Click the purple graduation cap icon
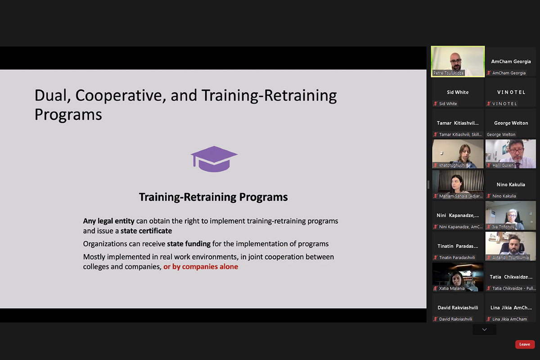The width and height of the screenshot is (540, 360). tap(214, 159)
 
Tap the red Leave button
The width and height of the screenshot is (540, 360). tap(525, 344)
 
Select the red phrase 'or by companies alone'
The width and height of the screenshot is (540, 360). tap(201, 267)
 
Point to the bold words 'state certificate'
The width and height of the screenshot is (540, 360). tap(146, 231)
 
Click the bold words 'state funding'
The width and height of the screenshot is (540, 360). tap(189, 244)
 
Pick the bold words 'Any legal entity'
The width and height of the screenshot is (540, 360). tap(109, 221)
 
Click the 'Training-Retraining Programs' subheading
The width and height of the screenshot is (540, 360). tap(213, 197)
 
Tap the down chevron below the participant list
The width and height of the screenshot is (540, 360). tap(484, 329)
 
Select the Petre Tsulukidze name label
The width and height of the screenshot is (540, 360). tap(448, 73)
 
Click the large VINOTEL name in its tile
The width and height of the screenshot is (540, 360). tap(511, 92)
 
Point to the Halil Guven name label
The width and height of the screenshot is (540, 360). tap(503, 165)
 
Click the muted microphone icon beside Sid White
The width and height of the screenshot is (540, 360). tap(436, 103)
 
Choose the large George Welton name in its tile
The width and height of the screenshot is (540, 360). tap(511, 123)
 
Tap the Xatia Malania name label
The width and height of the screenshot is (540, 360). tap(451, 288)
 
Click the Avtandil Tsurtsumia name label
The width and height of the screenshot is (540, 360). tap(510, 257)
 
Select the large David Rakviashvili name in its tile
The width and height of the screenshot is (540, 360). tap(458, 308)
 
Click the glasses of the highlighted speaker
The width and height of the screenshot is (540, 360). tap(455, 61)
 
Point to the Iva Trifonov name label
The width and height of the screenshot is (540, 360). tap(504, 227)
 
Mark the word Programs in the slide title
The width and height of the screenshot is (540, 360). tap(68, 115)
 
